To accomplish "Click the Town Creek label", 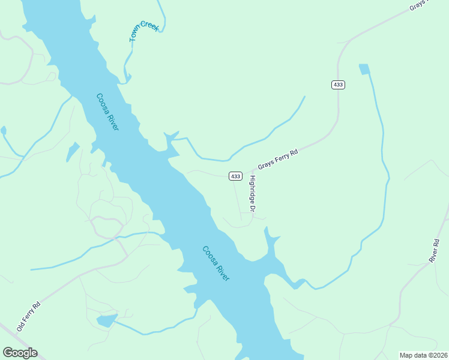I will [x=145, y=31].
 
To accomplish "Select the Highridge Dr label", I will [x=253, y=193].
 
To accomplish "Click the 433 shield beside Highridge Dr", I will [x=235, y=176].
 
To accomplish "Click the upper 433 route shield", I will [x=338, y=85].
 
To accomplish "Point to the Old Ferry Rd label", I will [x=29, y=317].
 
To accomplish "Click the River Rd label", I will [x=435, y=251].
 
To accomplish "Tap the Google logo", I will [x=20, y=353].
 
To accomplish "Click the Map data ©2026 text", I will [x=423, y=355].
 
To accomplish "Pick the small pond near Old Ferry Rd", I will [x=106, y=320].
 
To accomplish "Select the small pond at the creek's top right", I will [x=364, y=69].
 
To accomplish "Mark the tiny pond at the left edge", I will [x=3, y=130].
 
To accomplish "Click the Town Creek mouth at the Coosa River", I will [x=127, y=78].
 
